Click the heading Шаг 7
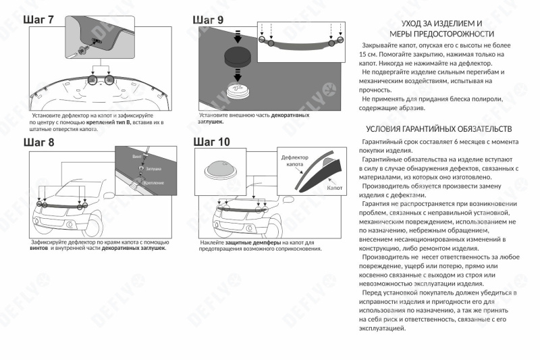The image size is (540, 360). click(38, 20)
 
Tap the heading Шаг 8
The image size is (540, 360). click(39, 143)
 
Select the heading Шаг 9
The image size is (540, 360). click(208, 20)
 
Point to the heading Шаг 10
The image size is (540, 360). click(211, 142)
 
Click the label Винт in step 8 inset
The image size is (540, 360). click(137, 157)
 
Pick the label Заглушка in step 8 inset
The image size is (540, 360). click(154, 169)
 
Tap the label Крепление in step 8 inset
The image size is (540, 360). click(154, 183)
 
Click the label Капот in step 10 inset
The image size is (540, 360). click(334, 188)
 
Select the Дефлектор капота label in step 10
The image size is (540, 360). click(295, 161)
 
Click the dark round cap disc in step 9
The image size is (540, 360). click(238, 57)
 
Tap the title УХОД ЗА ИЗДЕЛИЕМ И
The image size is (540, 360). click(441, 24)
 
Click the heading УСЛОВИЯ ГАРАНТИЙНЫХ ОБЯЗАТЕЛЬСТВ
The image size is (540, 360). click(439, 129)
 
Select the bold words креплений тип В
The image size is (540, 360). click(109, 122)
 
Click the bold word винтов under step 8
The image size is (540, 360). click(39, 248)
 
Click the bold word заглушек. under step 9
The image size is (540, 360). click(211, 122)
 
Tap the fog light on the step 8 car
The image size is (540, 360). click(70, 225)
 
